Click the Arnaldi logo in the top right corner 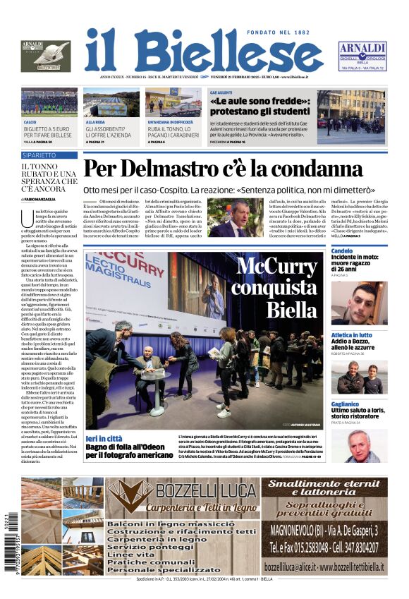[x=362, y=56]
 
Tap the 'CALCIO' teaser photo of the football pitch [x=49, y=103]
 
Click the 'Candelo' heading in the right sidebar [x=342, y=251]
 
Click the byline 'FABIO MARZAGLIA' [x=43, y=200]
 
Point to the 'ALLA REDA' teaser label [x=95, y=122]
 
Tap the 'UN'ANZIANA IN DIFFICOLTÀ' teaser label [x=171, y=122]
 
